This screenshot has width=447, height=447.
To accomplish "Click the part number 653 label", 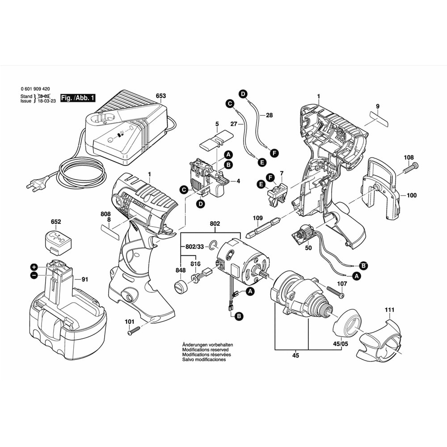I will click(x=160, y=96).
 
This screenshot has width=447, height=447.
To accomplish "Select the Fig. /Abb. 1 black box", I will click(x=75, y=98).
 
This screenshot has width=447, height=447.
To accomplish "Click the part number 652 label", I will click(x=56, y=222).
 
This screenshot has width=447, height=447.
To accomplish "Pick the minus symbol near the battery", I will click(x=34, y=275).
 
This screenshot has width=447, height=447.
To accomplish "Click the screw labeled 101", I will click(x=134, y=330).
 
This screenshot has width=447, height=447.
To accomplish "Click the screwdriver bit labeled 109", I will click(x=264, y=227).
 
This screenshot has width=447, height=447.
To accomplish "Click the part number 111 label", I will click(x=390, y=310).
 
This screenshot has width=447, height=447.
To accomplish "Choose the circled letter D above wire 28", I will click(x=243, y=94).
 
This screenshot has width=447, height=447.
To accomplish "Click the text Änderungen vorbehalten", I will click(x=207, y=345).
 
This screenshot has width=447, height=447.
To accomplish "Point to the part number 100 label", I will click(x=412, y=195).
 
